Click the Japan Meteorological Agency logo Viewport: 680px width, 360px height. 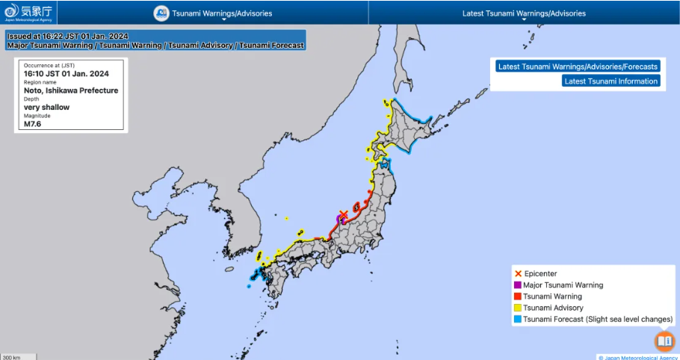28,12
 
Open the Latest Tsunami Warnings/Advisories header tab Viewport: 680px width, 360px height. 523,13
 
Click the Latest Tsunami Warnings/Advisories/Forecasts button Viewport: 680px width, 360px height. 578,66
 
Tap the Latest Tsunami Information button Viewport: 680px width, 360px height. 611,81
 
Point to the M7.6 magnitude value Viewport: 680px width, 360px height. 34,125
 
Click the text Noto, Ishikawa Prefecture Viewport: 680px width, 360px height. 71,90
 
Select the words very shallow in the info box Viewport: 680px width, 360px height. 46,108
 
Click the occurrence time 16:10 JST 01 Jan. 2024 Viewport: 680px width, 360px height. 67,73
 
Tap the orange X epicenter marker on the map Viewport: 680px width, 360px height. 344,215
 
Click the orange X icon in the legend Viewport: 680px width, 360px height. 517,274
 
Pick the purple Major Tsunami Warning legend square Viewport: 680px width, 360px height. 517,285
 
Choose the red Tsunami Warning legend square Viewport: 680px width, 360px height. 517,297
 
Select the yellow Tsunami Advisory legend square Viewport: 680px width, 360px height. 517,308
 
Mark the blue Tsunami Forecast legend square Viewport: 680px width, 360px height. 517,319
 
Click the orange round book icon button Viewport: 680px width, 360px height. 664,341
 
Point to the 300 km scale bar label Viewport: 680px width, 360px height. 11,357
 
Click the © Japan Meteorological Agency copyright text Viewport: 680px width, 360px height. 637,357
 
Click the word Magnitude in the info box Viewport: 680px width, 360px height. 37,116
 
